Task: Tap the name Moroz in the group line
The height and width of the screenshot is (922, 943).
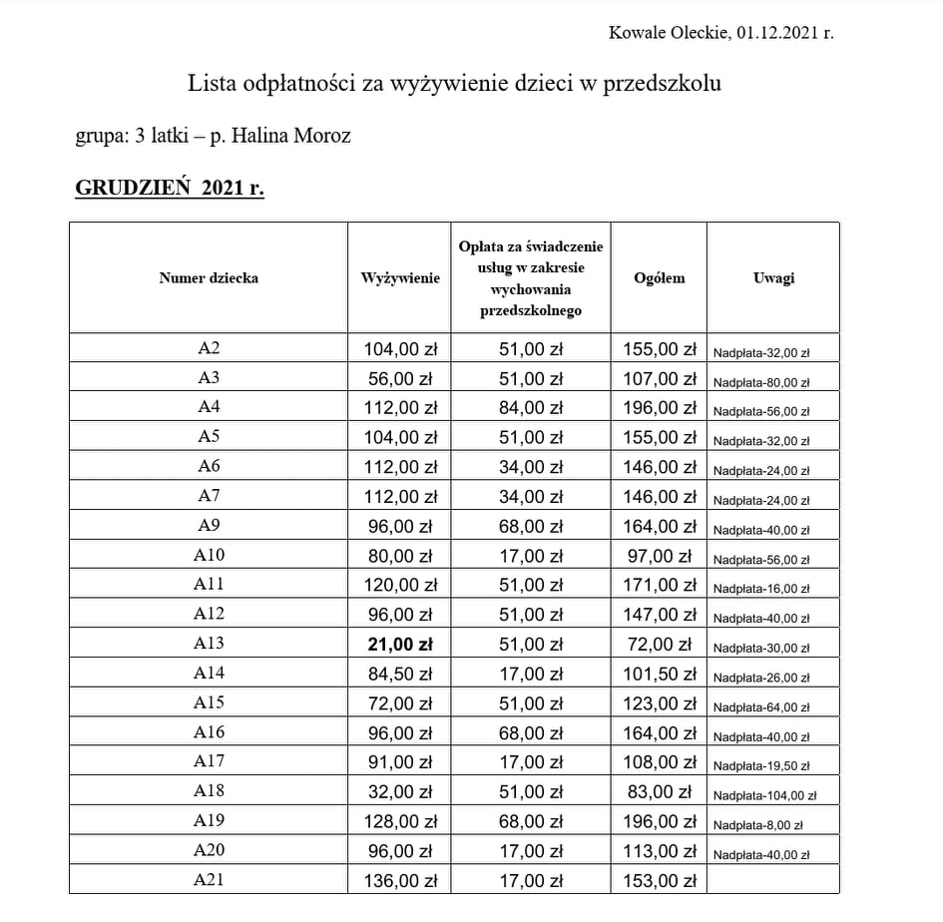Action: tap(320, 135)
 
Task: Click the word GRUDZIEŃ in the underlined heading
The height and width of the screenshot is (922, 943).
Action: tap(133, 189)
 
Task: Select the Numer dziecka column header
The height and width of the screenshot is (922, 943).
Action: tap(209, 278)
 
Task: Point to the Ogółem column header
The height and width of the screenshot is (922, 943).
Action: tap(660, 278)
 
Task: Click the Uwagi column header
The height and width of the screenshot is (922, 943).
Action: tap(773, 278)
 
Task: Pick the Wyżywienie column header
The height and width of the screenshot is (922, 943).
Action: tap(399, 278)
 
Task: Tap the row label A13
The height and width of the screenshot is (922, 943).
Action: tap(209, 644)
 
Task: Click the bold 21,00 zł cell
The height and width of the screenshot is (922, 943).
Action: tap(399, 644)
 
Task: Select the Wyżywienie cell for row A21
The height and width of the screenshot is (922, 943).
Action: tap(399, 880)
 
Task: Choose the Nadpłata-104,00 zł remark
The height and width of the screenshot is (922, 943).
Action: tap(764, 796)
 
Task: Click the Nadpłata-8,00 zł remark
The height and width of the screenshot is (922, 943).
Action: tap(757, 825)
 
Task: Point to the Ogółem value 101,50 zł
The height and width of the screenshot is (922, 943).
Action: tap(660, 674)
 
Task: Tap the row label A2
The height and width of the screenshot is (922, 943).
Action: tap(209, 348)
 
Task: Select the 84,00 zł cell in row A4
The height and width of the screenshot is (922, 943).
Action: tap(531, 407)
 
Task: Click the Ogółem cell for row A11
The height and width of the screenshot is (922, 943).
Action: tap(660, 585)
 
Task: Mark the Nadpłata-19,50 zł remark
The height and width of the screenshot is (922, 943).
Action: tap(761, 766)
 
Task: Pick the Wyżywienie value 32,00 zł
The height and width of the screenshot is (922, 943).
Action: tap(399, 791)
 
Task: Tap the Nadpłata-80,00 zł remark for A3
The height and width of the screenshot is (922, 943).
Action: tap(761, 382)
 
